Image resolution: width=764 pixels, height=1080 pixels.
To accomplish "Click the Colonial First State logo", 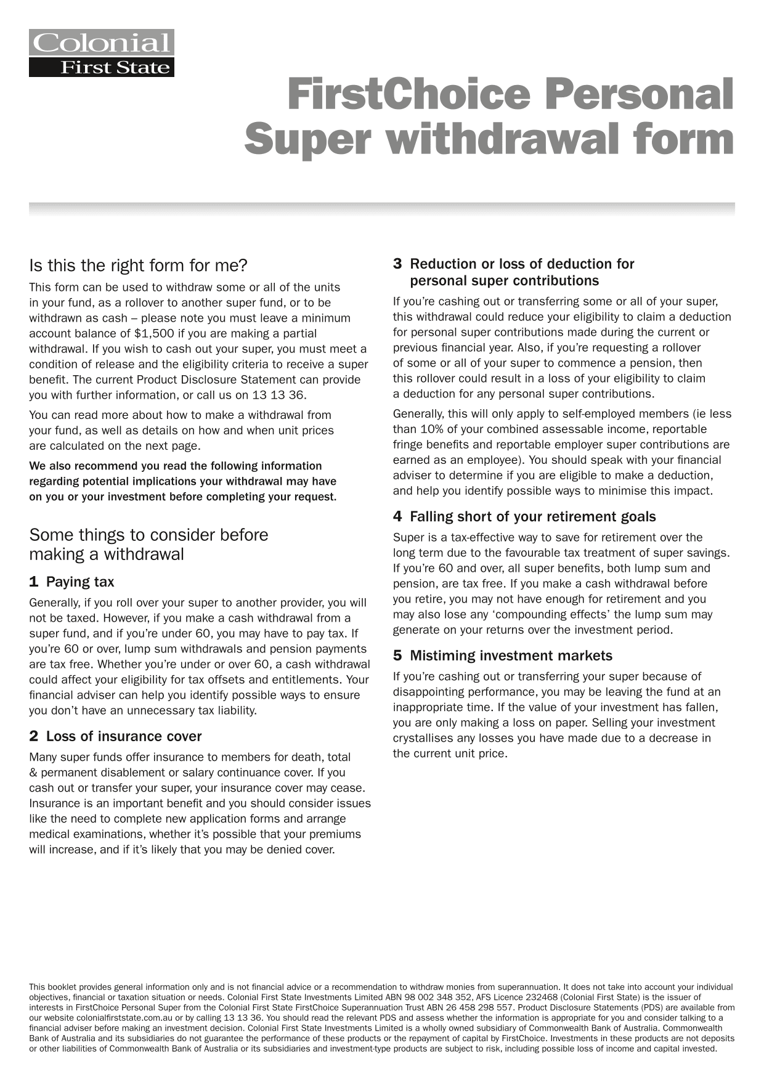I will [102, 53].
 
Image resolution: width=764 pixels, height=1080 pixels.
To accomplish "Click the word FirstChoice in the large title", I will [408, 94].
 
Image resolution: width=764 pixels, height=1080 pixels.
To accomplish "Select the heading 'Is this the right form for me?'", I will [138, 266].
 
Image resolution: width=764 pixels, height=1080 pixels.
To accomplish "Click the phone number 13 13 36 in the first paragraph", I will [280, 395].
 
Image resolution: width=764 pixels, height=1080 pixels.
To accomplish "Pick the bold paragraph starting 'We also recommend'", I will [183, 481].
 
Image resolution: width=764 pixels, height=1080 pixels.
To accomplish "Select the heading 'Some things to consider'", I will [148, 544].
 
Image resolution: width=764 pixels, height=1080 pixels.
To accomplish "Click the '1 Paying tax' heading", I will [71, 582].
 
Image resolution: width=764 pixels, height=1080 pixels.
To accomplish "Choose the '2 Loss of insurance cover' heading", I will [115, 736].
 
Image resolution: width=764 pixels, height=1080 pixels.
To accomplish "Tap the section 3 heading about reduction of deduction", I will [514, 272].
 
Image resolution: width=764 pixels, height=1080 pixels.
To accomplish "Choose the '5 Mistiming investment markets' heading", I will [503, 656].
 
